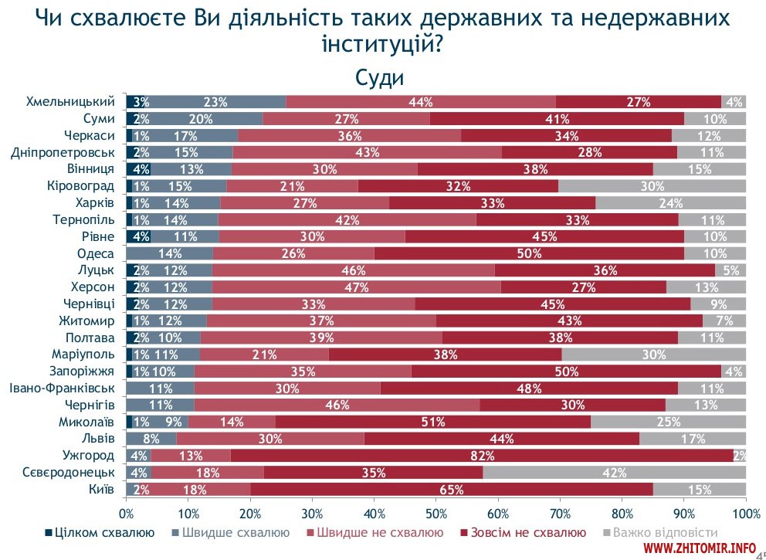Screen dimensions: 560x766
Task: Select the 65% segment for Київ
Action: coord(451,489)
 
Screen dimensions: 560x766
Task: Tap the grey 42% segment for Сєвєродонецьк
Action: coord(614,472)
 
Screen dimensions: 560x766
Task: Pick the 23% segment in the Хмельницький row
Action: coord(217,102)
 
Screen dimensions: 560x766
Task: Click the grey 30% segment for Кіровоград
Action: coord(652,186)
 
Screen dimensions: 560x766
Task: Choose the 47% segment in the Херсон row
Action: coord(356,287)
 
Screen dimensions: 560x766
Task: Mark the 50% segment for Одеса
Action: coord(529,253)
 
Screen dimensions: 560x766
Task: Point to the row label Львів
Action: coord(98,439)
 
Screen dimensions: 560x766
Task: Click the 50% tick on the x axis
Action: coord(436,513)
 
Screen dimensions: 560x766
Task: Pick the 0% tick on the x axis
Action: coord(127,513)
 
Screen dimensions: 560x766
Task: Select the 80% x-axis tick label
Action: coord(622,513)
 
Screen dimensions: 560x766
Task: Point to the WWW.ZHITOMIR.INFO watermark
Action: coord(699,548)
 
